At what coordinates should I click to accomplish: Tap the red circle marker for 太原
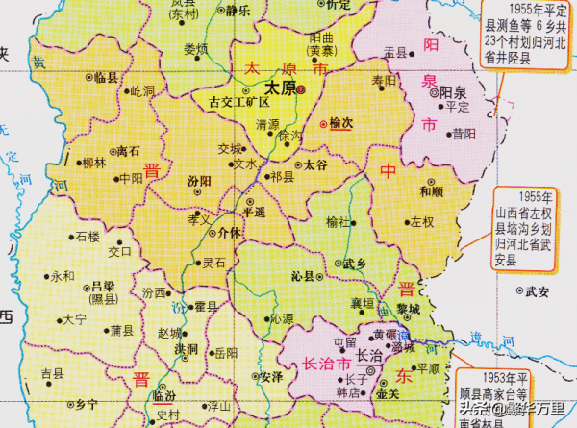(x=300, y=88)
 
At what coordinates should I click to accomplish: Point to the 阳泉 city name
(x=453, y=93)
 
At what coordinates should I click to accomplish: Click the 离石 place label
(x=127, y=151)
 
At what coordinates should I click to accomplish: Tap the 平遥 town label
(x=255, y=212)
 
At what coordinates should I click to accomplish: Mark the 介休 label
(x=230, y=232)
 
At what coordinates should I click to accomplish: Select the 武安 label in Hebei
(x=538, y=291)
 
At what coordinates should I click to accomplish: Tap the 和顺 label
(x=431, y=191)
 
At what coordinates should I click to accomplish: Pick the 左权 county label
(x=423, y=222)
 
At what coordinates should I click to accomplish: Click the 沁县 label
(x=304, y=275)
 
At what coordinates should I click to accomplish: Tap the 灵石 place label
(x=213, y=263)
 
